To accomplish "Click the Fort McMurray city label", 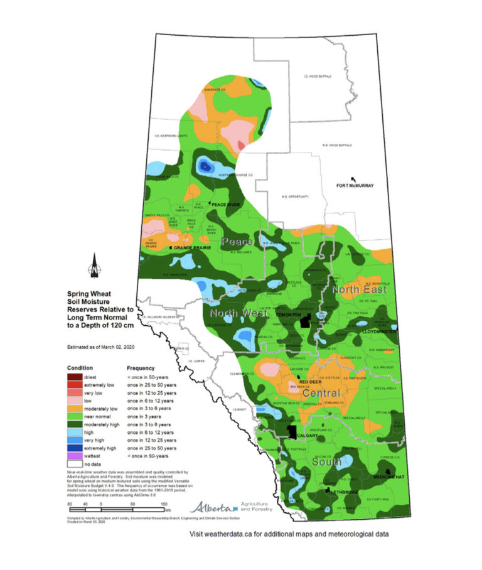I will pyautogui.click(x=355, y=185).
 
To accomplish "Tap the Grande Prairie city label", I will pyautogui.click(x=192, y=248).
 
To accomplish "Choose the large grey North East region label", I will pyautogui.click(x=358, y=289).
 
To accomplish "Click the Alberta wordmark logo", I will pyautogui.click(x=213, y=507).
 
